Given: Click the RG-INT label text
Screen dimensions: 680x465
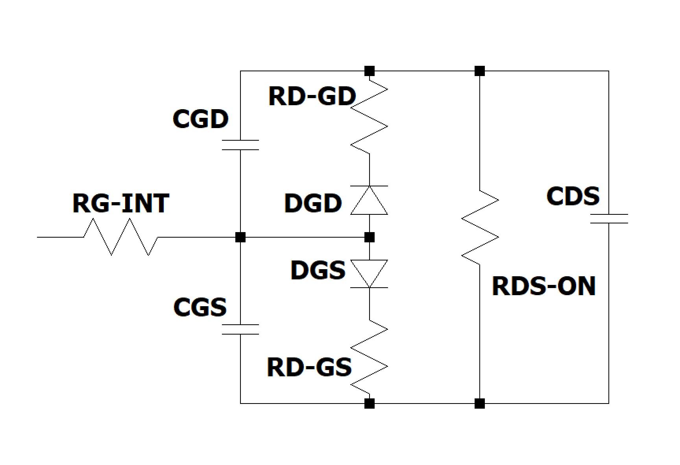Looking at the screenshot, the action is [x=121, y=203].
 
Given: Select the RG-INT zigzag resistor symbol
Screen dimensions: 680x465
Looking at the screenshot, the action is [x=121, y=237].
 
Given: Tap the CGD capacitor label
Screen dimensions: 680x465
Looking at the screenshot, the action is [x=200, y=119].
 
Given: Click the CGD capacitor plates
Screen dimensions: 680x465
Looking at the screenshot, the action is [x=240, y=145].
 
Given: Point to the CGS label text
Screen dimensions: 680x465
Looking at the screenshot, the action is [x=200, y=307].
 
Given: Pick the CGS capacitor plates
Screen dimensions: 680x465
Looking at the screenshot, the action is [x=240, y=329].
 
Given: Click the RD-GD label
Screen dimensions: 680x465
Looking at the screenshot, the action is [x=312, y=96].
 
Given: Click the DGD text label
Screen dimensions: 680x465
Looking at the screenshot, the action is [x=313, y=204].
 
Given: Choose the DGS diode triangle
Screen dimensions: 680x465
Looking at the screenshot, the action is [x=369, y=273].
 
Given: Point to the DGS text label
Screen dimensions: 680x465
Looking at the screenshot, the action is [x=318, y=270].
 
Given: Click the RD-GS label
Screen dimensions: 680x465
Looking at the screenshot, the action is [x=309, y=367].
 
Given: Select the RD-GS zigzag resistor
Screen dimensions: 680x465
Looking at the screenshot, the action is [x=369, y=357].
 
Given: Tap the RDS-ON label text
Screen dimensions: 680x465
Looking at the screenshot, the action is [x=544, y=286].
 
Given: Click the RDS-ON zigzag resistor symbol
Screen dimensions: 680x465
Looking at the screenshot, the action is [x=480, y=228].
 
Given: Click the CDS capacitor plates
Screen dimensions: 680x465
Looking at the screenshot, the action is [x=609, y=219].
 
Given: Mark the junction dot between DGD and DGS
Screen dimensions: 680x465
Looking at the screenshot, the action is [x=369, y=237].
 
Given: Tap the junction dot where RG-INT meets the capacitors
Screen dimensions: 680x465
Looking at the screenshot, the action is [x=240, y=237].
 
